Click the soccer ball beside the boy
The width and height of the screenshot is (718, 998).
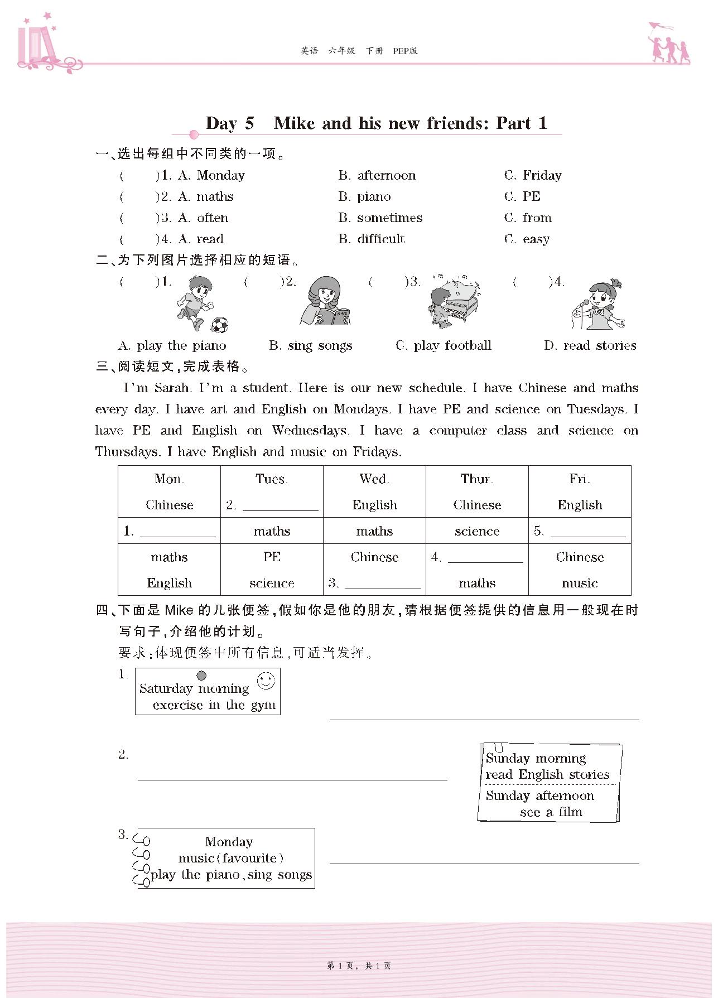coord(220,325)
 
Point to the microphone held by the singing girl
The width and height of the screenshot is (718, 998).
coord(583,304)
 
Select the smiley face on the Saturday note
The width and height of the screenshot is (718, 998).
coord(266,681)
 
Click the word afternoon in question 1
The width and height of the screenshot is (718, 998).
coord(386,176)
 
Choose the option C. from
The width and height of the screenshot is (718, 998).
coord(528,218)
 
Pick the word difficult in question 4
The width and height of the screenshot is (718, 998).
coord(380,239)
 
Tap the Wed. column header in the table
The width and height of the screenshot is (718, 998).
coord(374,479)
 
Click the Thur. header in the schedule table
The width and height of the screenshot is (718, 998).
coord(477,479)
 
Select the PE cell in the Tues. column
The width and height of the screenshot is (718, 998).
coord(272,557)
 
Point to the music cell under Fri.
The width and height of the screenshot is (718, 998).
coord(580,583)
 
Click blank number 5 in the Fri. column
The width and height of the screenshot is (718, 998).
coord(587,532)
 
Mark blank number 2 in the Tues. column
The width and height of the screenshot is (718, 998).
coord(280,505)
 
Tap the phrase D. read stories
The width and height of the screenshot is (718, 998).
coord(590,346)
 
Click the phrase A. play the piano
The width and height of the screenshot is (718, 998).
coord(172,346)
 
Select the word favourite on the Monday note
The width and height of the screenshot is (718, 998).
coord(249,858)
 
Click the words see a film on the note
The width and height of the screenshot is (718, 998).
coord(551,812)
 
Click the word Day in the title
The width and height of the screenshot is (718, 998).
coord(221,123)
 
